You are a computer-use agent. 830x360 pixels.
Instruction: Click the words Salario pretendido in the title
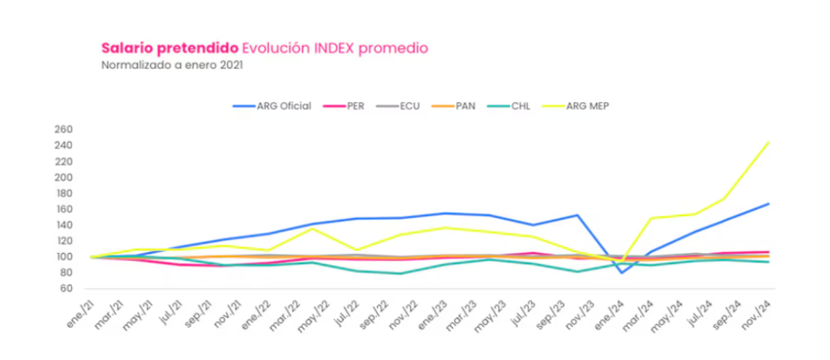pyautogui.click(x=169, y=48)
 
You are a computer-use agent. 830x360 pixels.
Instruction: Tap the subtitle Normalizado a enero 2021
pyautogui.click(x=172, y=65)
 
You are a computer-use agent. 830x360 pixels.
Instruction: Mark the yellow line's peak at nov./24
pyautogui.click(x=768, y=143)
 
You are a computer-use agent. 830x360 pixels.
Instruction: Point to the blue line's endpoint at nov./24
pyautogui.click(x=768, y=204)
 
